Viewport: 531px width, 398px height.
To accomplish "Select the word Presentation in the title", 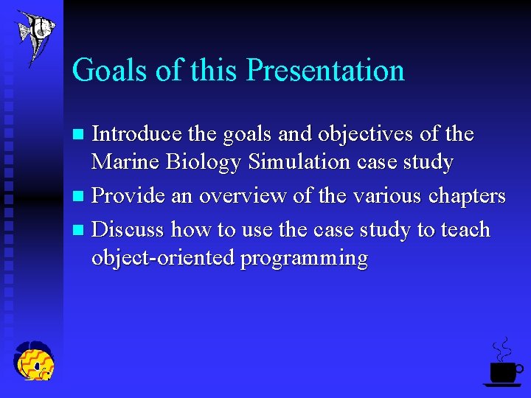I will click(325, 71).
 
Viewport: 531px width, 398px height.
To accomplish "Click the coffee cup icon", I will click(504, 371).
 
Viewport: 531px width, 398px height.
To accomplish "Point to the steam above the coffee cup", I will click(502, 349).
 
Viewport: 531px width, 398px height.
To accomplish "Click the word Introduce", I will click(136, 134).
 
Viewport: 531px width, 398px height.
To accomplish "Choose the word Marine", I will click(127, 162).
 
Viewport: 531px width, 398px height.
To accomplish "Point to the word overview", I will click(240, 196).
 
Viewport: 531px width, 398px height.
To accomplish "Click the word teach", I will click(465, 230).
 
